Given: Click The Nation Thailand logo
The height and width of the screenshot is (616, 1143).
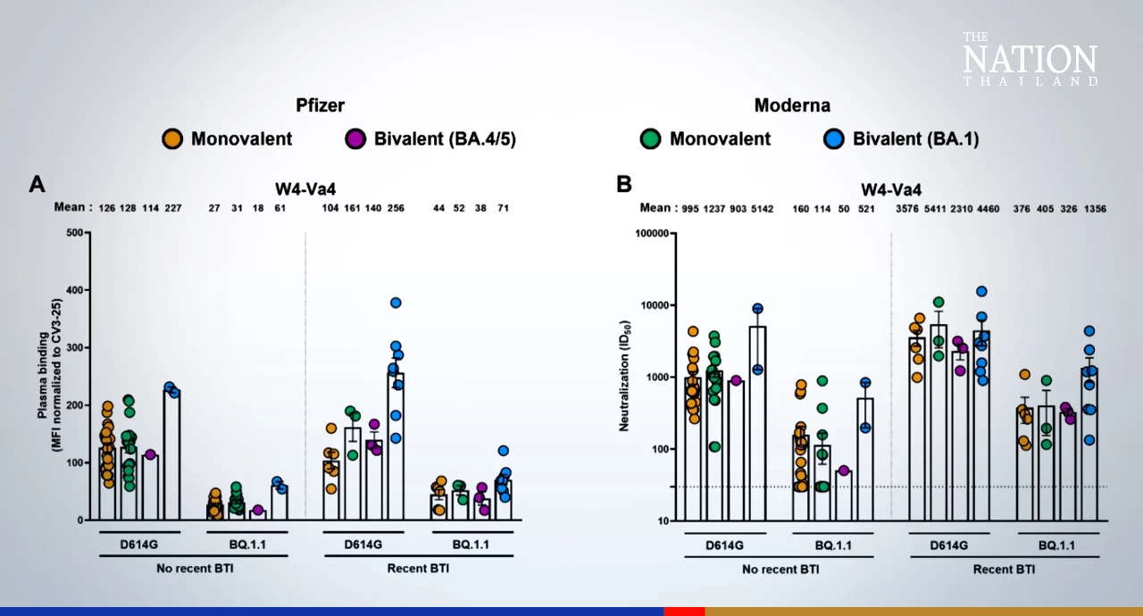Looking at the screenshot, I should tap(1030, 60).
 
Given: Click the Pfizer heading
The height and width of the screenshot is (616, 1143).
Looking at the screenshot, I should tap(321, 104).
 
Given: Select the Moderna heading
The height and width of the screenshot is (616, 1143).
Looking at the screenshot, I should tap(792, 104).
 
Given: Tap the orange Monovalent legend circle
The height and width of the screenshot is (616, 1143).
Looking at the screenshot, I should tap(172, 139).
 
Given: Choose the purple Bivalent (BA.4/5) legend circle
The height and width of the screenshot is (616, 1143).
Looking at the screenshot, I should tap(355, 139).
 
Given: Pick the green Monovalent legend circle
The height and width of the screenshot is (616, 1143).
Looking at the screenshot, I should tap(650, 139).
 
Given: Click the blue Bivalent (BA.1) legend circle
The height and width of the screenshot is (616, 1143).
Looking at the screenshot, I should tap(834, 139).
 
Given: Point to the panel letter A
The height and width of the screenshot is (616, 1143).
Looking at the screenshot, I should tap(38, 184).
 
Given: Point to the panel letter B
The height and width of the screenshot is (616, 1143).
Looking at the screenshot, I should tap(624, 184).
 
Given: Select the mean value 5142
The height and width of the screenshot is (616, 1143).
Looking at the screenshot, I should tap(759, 208).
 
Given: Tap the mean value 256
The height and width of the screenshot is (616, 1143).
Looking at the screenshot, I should tap(396, 208).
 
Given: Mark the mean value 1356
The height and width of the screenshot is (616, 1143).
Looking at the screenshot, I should tap(1095, 208).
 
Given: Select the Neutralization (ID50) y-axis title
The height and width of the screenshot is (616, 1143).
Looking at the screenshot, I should tap(626, 375).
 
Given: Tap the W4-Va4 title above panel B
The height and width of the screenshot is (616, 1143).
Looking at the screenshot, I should tap(891, 189).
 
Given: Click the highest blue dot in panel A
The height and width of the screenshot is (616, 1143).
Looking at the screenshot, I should tap(396, 303).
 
